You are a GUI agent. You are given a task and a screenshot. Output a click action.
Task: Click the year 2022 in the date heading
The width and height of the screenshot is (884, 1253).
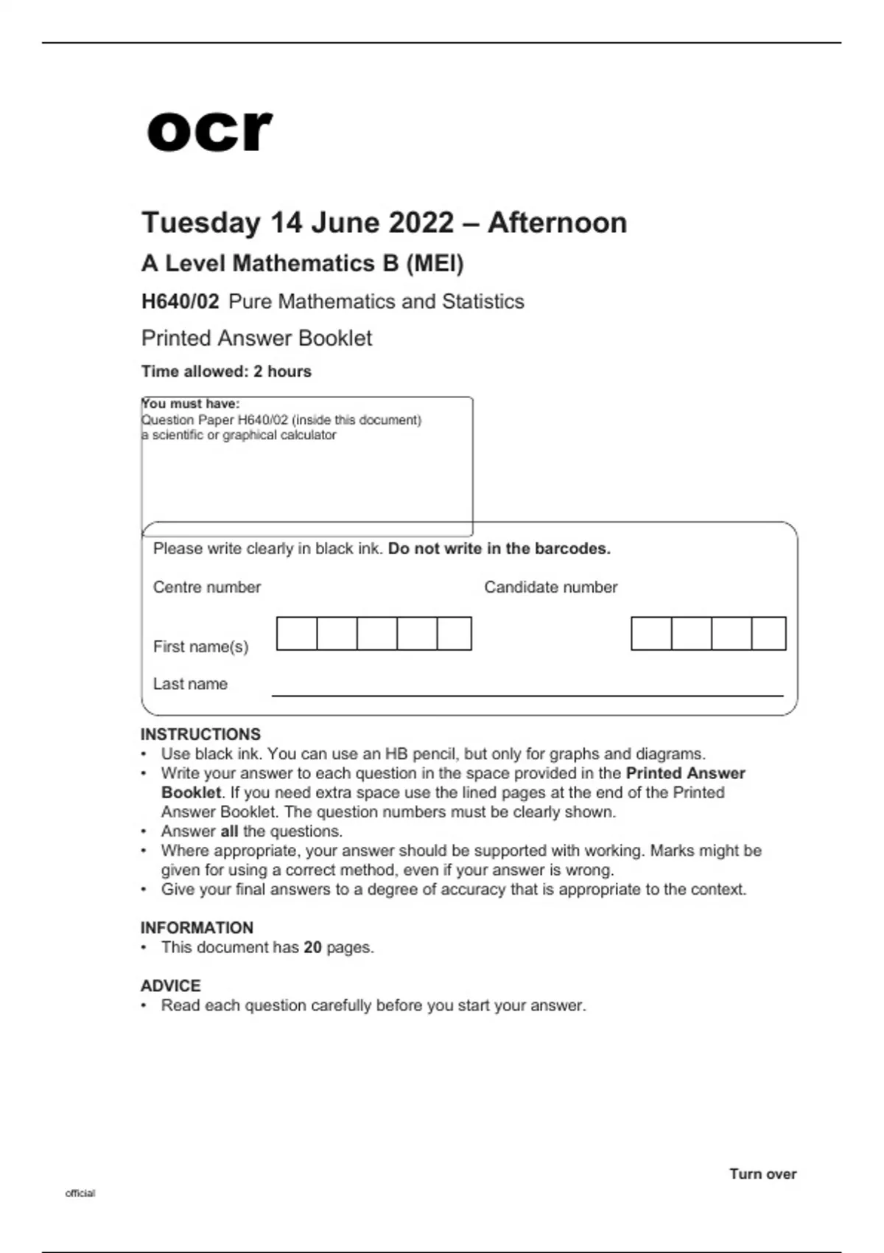[421, 223]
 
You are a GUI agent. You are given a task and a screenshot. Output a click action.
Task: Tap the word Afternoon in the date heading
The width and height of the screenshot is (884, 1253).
[557, 223]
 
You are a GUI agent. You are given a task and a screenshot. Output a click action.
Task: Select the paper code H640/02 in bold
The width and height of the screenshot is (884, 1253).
[180, 301]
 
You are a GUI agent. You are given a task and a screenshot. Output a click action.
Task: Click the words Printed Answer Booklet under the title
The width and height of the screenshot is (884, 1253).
[256, 338]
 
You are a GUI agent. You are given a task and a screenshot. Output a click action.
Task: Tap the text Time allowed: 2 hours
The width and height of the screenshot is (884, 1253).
[226, 371]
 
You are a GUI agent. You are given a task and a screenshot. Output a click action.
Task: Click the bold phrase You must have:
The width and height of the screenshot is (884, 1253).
[191, 404]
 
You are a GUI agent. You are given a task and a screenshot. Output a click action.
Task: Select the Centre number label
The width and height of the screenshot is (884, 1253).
[207, 587]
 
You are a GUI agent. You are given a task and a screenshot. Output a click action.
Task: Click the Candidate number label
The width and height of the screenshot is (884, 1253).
[550, 587]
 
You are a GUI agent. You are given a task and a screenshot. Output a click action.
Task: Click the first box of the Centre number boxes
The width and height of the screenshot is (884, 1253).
[297, 634]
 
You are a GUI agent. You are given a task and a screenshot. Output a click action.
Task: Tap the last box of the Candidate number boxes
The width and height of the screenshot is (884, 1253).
[769, 634]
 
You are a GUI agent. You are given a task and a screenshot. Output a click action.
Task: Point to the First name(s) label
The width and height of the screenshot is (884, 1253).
[200, 646]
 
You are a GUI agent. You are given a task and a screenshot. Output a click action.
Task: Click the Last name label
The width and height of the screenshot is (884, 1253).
[190, 684]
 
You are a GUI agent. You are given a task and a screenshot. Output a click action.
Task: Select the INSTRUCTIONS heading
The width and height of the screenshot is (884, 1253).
[200, 734]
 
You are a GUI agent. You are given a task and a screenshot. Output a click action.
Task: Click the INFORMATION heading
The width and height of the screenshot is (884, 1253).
[197, 928]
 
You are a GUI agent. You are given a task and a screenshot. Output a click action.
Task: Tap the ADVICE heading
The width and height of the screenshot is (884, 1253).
[170, 986]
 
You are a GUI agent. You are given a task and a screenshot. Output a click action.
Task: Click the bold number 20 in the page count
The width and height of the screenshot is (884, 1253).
[312, 947]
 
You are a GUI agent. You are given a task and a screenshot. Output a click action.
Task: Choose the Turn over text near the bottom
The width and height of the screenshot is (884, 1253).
[762, 1174]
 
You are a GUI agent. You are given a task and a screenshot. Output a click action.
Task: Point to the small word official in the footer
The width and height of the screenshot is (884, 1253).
[80, 1193]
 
